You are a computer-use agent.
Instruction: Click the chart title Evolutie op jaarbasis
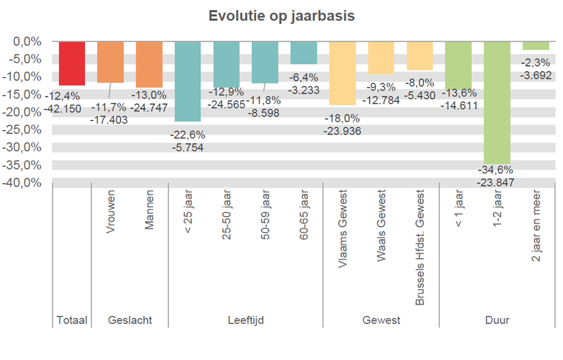click(x=281, y=16)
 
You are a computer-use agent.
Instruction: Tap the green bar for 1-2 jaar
click(x=497, y=101)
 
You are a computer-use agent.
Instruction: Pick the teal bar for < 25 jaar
click(x=188, y=81)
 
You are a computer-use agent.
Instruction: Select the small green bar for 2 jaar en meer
click(x=536, y=46)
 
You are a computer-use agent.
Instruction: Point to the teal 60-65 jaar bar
click(x=304, y=53)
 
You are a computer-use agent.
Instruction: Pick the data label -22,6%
click(x=188, y=135)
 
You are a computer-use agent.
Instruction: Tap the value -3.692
click(x=536, y=76)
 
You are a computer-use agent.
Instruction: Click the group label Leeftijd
click(x=245, y=321)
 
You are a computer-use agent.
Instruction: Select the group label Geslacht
click(x=130, y=321)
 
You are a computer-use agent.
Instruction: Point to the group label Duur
click(x=497, y=321)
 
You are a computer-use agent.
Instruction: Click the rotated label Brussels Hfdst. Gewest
click(x=420, y=247)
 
